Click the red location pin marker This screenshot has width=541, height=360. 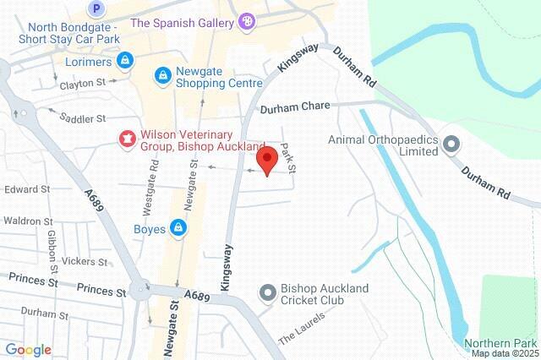pos(267,161)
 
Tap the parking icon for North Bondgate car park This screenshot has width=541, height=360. pos(97,9)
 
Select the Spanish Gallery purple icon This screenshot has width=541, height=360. pos(246,20)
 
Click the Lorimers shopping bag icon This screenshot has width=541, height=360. pos(125,61)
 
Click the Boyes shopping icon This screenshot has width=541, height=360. pos(178,227)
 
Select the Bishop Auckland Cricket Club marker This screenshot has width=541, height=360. pos(268,293)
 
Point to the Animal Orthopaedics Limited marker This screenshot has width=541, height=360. pos(451,144)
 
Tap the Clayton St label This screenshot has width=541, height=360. pos(82,85)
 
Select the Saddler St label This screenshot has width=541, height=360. pos(83,119)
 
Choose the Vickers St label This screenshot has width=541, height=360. pos(82,261)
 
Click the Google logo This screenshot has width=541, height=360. pos(28,349)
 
